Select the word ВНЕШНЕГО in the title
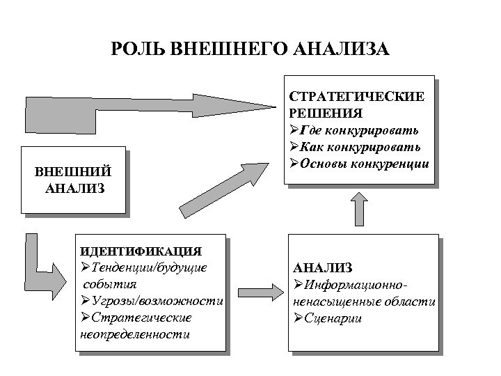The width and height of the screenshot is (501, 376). tap(230, 50)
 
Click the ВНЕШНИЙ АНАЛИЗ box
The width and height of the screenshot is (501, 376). tap(74, 179)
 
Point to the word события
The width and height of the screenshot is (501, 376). tap(110, 284)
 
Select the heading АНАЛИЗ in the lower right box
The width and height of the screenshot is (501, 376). tap(323, 267)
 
